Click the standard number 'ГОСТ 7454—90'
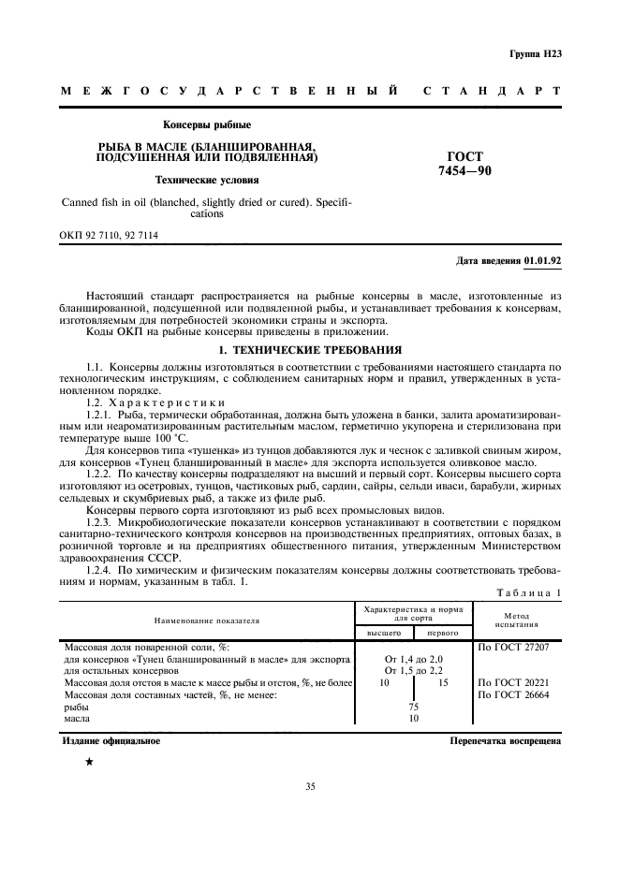pos(464,165)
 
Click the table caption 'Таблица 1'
pos(531,593)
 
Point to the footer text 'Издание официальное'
pos(111,740)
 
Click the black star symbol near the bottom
pos(89,763)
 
